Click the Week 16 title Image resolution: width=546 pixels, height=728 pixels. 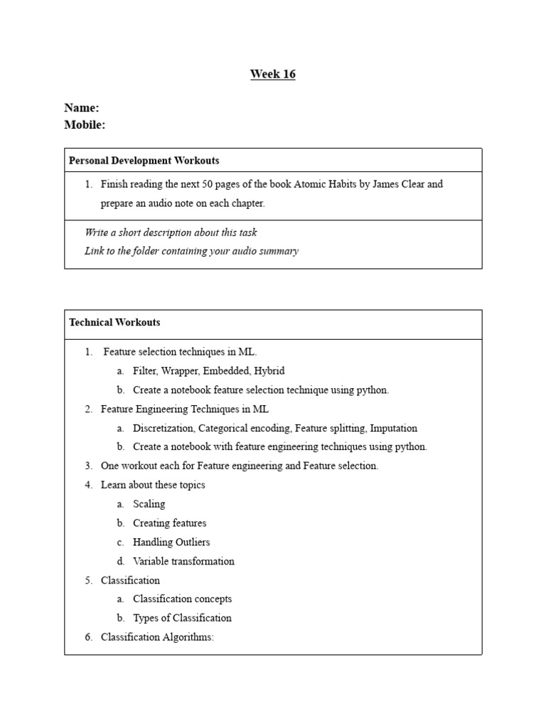[272, 74]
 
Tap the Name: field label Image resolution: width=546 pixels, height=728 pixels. [82, 108]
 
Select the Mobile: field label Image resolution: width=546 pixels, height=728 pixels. [85, 125]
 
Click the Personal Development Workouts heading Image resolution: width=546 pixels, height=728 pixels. [144, 161]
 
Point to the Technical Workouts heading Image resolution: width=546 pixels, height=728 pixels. [114, 322]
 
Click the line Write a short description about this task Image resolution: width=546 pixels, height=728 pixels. [171, 232]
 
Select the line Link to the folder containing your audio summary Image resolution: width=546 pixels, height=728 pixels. [191, 251]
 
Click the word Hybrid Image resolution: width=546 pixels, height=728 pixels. [269, 371]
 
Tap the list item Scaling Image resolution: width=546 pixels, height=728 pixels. [149, 504]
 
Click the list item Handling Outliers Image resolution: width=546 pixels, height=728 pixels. [171, 542]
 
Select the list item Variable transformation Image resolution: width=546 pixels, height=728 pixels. [183, 562]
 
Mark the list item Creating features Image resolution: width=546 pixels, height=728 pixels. [170, 523]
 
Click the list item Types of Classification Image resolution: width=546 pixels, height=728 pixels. [182, 618]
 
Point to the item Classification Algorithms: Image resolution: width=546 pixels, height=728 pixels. [157, 637]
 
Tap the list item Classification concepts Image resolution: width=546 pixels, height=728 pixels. [183, 599]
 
